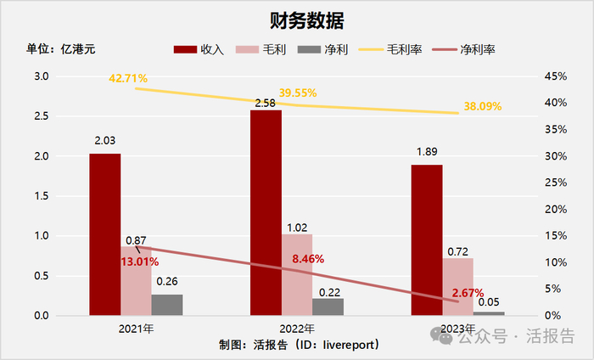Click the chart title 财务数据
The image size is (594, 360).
[x=296, y=20]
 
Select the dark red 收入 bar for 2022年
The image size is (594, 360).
[x=266, y=212]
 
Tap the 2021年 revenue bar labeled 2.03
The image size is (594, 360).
[x=105, y=234]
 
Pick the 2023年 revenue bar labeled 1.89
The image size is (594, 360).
[x=427, y=240]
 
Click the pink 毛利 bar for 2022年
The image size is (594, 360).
[x=297, y=274]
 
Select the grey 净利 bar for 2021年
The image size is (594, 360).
[x=167, y=305]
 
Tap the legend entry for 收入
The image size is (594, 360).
[x=199, y=49]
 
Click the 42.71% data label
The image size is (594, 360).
[x=128, y=78]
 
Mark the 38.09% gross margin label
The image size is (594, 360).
[x=482, y=106]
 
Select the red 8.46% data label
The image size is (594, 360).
[x=307, y=259]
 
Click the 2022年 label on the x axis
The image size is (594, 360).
[x=297, y=329]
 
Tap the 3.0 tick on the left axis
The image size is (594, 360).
[x=41, y=76]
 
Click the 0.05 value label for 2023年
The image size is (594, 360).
[x=489, y=301]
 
